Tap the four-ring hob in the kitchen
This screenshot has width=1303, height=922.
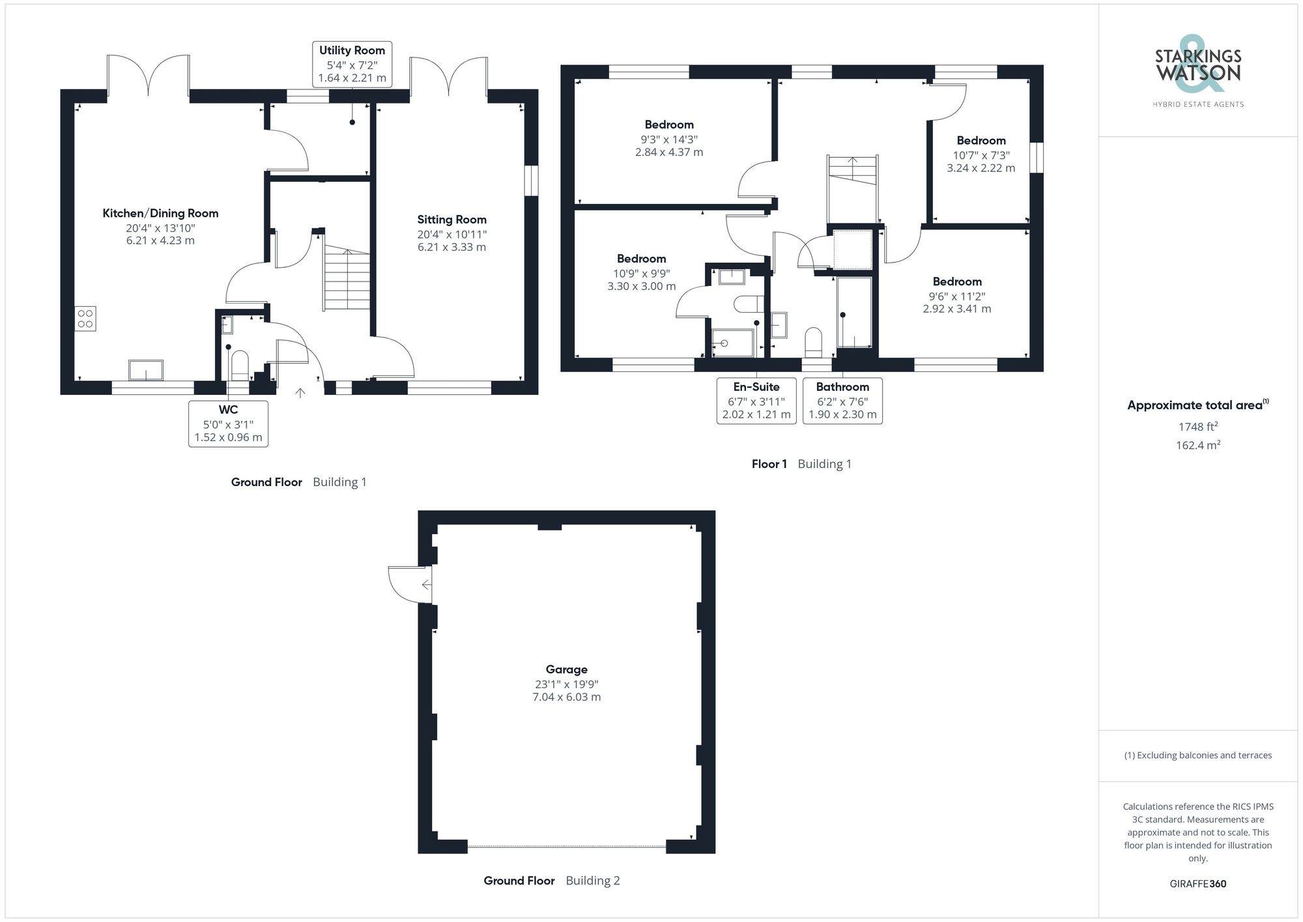click(85, 319)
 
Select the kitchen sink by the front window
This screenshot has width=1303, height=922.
click(146, 370)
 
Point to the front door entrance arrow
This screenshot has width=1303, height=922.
click(300, 393)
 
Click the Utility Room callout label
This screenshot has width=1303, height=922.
click(352, 64)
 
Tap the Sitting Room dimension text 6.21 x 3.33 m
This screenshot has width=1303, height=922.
click(451, 247)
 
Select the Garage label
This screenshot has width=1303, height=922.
click(566, 669)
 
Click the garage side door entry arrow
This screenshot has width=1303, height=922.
click(426, 584)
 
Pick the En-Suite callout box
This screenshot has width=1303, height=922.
click(756, 401)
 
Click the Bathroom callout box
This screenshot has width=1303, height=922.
click(842, 401)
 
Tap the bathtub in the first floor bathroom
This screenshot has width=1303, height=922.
click(854, 313)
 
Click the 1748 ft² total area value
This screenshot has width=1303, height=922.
click(1197, 427)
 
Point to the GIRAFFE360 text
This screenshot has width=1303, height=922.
click(1197, 884)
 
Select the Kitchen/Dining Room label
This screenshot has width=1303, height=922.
click(160, 213)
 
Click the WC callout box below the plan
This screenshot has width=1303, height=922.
click(228, 424)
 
